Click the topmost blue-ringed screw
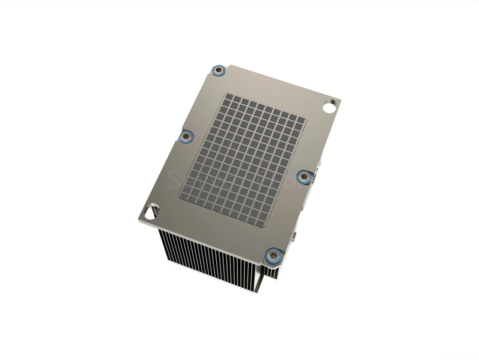pos(220,71)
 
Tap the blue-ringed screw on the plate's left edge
pos(186,137)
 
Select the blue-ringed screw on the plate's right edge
pos(304,176)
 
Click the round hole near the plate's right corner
pos(330,108)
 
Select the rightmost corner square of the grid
pos(302,119)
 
